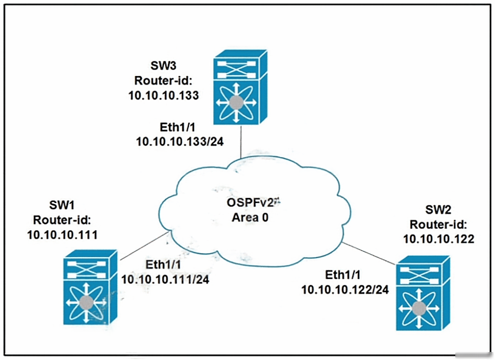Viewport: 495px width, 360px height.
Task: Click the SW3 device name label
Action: coord(163,66)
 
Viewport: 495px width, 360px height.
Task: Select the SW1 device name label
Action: coord(62,205)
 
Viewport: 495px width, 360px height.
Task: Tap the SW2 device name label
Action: coord(438,209)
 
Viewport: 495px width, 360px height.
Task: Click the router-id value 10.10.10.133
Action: coord(163,95)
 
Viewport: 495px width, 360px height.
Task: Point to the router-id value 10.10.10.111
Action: coord(62,235)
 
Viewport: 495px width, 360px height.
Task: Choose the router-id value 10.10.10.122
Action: coord(439,239)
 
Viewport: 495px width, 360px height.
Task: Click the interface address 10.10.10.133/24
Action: coord(180,141)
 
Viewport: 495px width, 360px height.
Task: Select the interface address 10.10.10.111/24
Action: coord(165,279)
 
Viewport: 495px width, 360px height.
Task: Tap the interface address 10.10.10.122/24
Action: coord(345,290)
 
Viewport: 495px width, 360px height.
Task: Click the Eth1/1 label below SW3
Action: coord(178,127)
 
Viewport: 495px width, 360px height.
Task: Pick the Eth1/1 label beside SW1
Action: coord(163,265)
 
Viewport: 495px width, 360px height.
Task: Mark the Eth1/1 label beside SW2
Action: coord(343,275)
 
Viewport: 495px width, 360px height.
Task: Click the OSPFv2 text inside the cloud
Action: coord(250,202)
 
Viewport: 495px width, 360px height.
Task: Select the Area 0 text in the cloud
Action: coord(250,217)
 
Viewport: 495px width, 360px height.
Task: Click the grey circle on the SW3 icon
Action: coord(236,103)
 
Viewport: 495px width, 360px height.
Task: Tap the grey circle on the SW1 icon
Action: coord(86,303)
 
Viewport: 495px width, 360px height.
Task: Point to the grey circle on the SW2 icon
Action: coord(418,308)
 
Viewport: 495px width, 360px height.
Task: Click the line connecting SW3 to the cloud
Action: coord(241,142)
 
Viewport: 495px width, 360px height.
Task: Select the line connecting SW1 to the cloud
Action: coord(144,246)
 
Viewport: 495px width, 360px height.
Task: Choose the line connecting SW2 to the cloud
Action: coord(369,253)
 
